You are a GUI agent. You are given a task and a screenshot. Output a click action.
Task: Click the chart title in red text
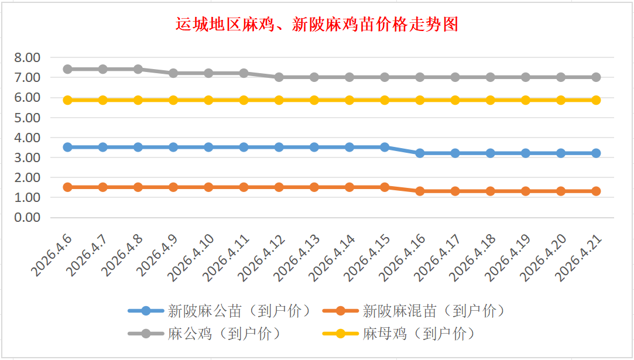317,25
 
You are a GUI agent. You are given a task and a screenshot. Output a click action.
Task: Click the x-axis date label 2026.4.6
53,256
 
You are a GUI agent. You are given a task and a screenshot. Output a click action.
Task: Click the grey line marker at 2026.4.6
67,69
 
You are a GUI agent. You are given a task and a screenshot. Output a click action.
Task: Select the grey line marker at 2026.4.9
173,73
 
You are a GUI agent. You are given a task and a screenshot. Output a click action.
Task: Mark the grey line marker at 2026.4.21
596,77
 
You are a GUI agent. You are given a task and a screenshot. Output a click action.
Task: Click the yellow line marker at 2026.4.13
314,100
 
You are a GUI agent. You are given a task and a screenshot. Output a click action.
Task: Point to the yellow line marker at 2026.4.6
67,100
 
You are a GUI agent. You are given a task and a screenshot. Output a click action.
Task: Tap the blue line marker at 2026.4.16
420,153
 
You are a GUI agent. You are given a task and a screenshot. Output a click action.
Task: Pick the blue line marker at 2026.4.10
208,147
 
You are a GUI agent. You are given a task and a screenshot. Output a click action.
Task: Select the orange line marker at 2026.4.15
385,187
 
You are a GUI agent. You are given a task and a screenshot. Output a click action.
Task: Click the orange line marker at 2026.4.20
561,191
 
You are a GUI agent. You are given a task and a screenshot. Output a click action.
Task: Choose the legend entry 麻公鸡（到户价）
225,334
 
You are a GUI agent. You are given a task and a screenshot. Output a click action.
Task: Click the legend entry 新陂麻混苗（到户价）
433,311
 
